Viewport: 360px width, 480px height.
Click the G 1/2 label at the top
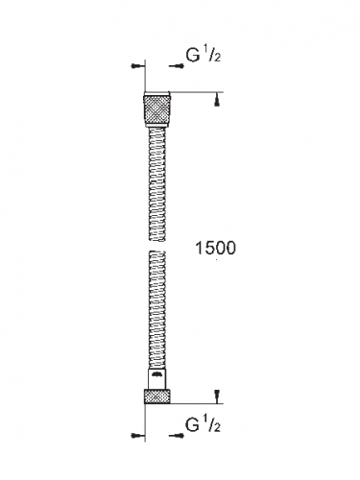tap(204, 56)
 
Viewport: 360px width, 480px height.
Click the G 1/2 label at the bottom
tap(204, 425)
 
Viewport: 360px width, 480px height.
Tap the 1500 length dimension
tap(215, 248)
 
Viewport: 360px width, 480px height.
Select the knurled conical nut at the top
tap(156, 108)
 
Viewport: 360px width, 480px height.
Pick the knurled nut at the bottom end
tap(156, 396)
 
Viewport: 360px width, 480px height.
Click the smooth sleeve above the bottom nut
tap(156, 379)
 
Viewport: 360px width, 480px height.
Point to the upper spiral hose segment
tap(157, 183)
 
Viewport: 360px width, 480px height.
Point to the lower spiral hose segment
tap(157, 310)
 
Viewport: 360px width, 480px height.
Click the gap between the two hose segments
tap(157, 246)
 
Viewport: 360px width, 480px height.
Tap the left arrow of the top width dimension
tap(138, 66)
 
